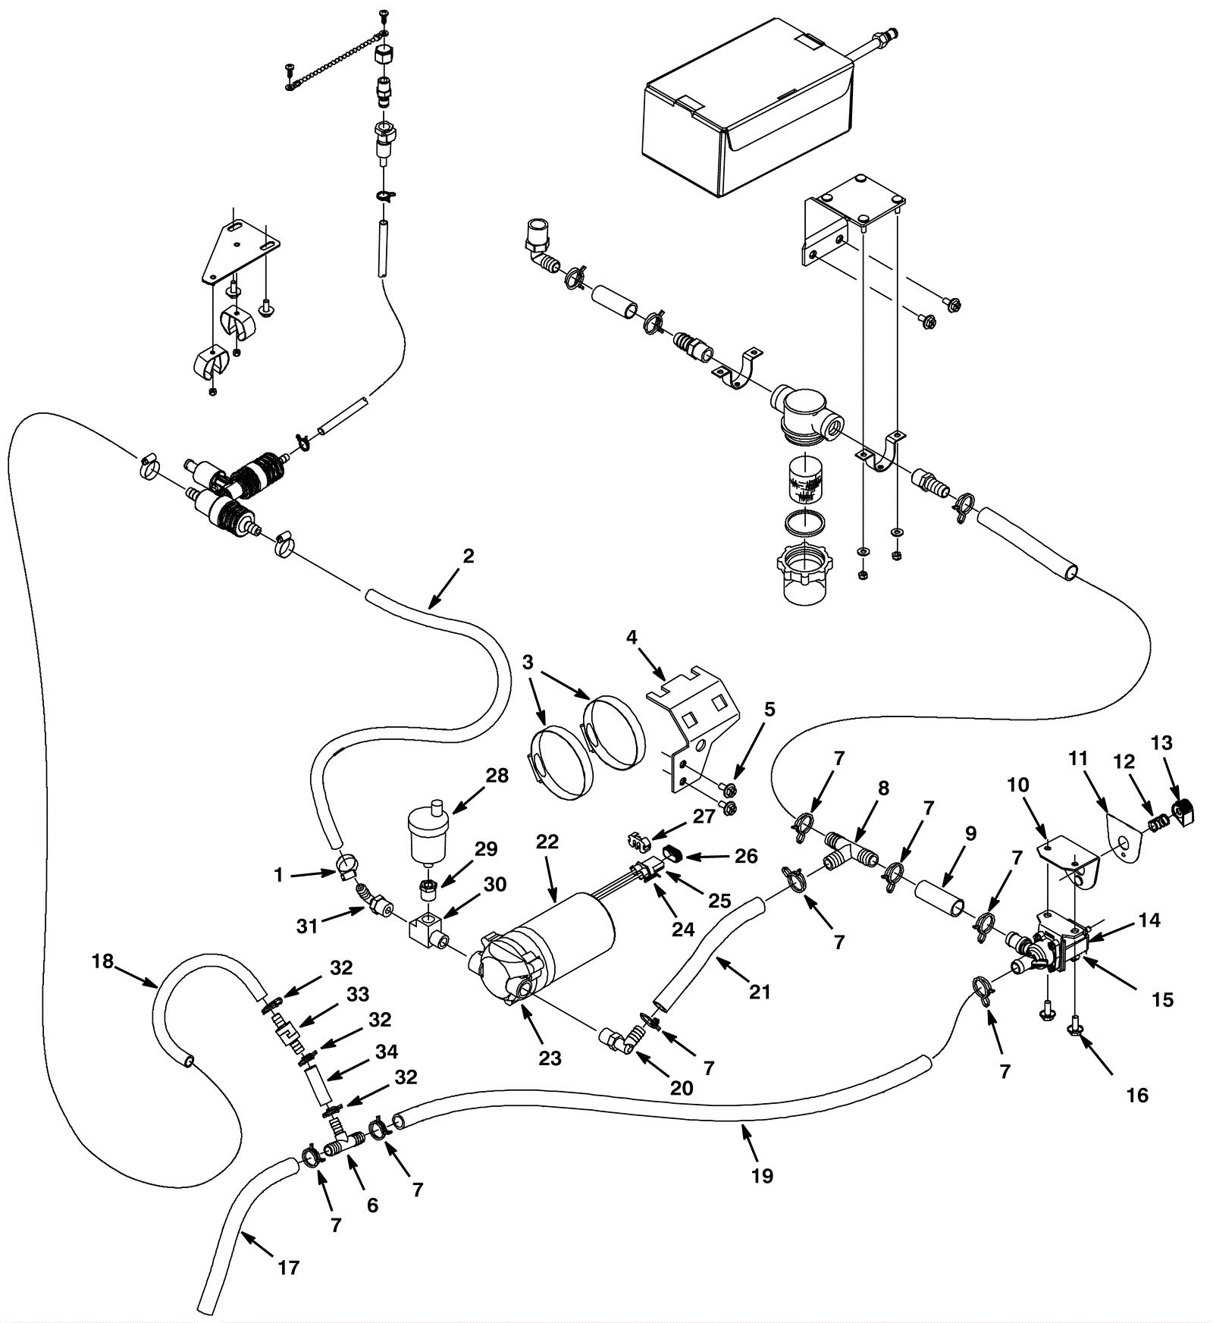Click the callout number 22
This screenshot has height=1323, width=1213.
point(547,842)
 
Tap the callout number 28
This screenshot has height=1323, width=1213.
point(497,776)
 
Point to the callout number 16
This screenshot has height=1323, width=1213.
point(1137,1095)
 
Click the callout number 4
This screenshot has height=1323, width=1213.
point(632,637)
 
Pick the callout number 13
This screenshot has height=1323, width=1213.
point(1161,743)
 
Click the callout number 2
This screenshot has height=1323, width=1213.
point(469,556)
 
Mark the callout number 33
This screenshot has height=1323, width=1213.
point(358,994)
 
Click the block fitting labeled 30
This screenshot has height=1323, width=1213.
point(428,929)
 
